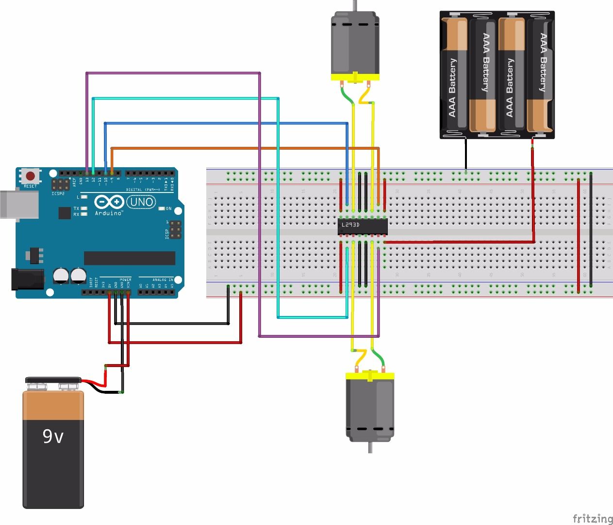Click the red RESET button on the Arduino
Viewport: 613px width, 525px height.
tap(31, 176)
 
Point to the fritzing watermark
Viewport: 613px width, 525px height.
tap(592, 518)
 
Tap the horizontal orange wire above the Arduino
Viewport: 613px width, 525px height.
tap(243, 148)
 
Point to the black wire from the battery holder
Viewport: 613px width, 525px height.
tap(465, 153)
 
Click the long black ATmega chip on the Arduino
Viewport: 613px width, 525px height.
tap(129, 258)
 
